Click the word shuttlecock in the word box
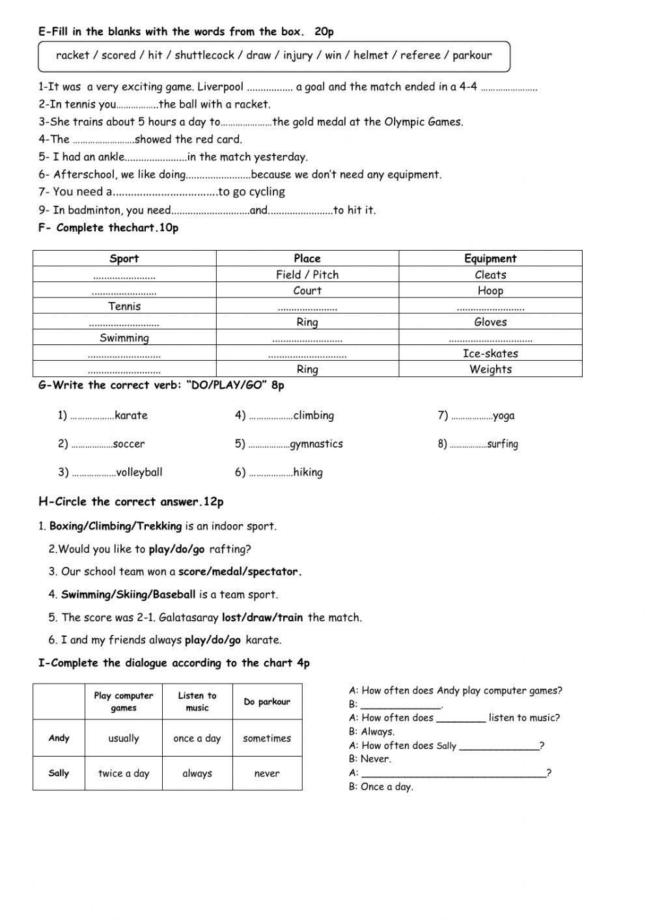click(204, 55)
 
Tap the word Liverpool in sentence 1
click(220, 87)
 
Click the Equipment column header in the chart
click(490, 258)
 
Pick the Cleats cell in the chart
click(490, 275)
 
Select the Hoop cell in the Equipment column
click(490, 291)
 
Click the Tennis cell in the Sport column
click(124, 306)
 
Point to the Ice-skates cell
click(490, 354)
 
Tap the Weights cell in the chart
click(490, 369)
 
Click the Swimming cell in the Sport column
click(124, 338)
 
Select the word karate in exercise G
click(131, 415)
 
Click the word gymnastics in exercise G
click(316, 444)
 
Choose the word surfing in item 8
click(503, 444)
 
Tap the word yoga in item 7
click(504, 416)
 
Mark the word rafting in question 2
click(230, 549)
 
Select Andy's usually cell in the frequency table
click(124, 738)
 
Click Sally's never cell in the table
click(267, 774)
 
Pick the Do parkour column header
click(267, 702)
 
